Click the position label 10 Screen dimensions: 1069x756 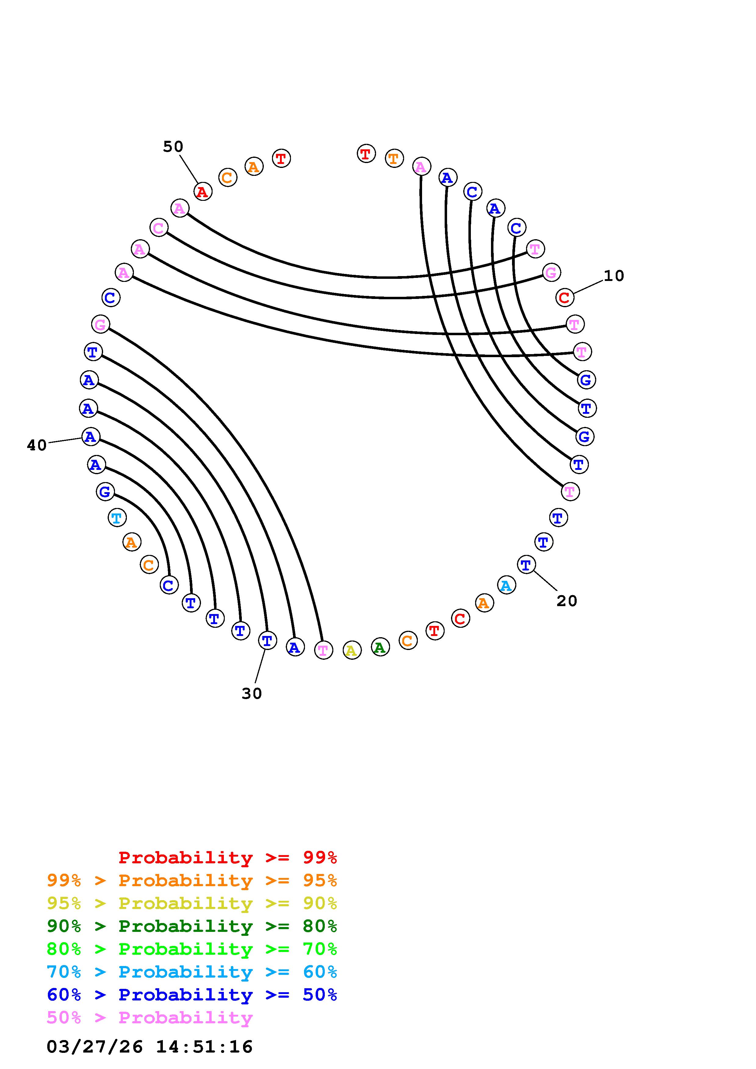614,276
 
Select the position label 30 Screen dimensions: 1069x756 252,694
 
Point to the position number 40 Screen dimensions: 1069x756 37,446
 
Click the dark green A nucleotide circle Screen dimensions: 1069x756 380,647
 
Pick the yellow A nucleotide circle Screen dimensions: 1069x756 352,650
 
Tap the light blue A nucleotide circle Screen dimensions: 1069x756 506,585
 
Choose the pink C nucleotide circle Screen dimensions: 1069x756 159,228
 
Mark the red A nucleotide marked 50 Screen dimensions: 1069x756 202,191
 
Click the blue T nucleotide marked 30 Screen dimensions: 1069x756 267,641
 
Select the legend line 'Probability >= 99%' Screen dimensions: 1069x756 228,858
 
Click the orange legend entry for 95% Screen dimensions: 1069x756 192,880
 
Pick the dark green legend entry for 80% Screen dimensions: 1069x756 192,926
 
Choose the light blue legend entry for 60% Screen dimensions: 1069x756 192,972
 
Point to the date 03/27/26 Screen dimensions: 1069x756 95,1047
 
